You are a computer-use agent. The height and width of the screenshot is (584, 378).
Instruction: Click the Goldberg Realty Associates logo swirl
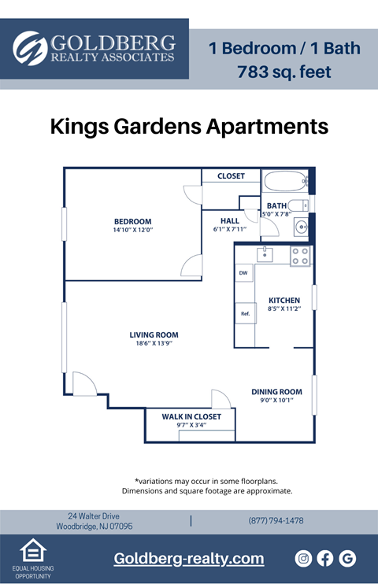point(30,48)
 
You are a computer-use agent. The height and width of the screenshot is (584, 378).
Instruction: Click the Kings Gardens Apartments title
point(189,126)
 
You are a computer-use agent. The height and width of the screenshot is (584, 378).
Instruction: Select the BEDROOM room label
point(132,221)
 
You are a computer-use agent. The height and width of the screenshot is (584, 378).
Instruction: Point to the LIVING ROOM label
point(154,335)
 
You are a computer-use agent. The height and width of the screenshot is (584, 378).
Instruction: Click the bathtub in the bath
point(284,182)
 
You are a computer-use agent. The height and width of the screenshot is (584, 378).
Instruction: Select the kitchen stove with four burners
point(300,256)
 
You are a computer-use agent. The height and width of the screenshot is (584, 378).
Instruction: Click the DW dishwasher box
point(243,273)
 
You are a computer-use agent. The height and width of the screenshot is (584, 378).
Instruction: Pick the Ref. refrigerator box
point(245,314)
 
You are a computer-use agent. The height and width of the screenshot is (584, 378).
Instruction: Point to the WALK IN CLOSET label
point(191,416)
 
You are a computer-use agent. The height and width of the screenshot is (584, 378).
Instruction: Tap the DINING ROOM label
point(276,391)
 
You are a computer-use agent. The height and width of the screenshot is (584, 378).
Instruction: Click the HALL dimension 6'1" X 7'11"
point(229,230)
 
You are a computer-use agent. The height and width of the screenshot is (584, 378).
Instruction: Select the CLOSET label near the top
point(231,176)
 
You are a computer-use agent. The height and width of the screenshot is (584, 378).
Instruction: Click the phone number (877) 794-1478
point(276,521)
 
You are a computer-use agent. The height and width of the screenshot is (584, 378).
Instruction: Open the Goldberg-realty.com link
point(189,558)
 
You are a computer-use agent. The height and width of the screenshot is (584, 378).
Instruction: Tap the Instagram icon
point(303,558)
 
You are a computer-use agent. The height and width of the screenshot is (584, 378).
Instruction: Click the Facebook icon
point(325,558)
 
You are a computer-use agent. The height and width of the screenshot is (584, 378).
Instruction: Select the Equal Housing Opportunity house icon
point(31,550)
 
